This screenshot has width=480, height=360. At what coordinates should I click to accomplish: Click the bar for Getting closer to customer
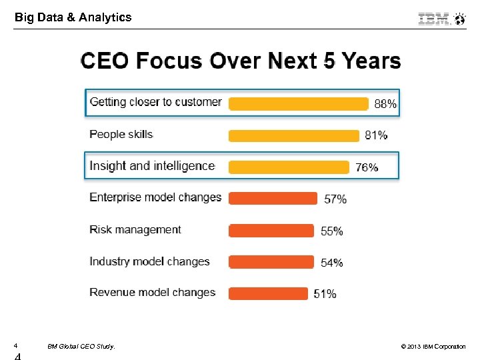[298, 103]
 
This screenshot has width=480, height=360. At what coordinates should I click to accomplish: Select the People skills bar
[293, 136]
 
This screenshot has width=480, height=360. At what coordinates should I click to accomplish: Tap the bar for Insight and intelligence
[289, 167]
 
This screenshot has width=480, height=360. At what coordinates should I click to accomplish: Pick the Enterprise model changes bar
[273, 199]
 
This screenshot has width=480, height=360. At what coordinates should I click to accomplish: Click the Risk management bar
[271, 231]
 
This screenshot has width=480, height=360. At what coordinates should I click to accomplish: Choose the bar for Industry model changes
[271, 262]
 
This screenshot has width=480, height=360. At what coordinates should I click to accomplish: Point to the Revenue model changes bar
[268, 293]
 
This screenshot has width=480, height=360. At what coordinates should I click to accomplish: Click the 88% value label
[385, 104]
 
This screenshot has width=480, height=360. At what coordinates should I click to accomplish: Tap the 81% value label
[376, 135]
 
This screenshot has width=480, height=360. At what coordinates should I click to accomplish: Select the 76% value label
[367, 167]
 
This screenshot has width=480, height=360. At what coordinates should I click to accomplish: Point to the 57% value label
[335, 199]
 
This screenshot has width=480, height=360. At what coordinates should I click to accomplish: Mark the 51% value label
[325, 294]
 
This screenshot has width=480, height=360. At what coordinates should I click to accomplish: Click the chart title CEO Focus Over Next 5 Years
[241, 61]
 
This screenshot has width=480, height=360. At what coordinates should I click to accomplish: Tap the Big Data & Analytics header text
[73, 18]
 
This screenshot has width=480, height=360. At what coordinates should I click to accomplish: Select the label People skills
[121, 134]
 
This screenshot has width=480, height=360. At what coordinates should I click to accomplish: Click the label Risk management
[135, 229]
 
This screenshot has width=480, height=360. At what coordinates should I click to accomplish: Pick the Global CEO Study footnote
[81, 347]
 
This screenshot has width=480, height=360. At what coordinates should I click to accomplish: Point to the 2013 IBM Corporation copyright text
[433, 347]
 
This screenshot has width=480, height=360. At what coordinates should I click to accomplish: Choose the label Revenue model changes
[153, 292]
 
